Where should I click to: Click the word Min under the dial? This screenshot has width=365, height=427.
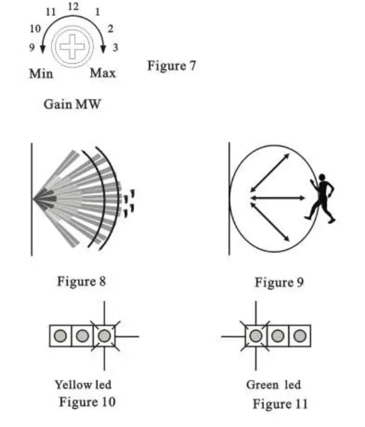click(40, 74)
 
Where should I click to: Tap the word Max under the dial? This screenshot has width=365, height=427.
click(103, 73)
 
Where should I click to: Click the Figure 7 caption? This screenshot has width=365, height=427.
click(171, 66)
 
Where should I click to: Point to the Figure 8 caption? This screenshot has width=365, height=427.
click(81, 280)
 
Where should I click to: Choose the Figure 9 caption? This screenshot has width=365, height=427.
click(279, 282)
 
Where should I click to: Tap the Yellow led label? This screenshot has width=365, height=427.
click(83, 385)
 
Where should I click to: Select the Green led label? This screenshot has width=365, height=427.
click(273, 385)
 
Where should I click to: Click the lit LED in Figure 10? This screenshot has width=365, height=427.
click(104, 336)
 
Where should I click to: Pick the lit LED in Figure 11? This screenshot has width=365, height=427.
click(256, 336)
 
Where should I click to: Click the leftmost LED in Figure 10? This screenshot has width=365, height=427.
click(60, 336)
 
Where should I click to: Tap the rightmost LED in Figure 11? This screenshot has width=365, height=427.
click(299, 336)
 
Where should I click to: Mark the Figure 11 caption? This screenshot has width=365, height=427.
click(280, 404)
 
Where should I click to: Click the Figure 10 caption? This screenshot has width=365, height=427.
click(87, 402)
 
